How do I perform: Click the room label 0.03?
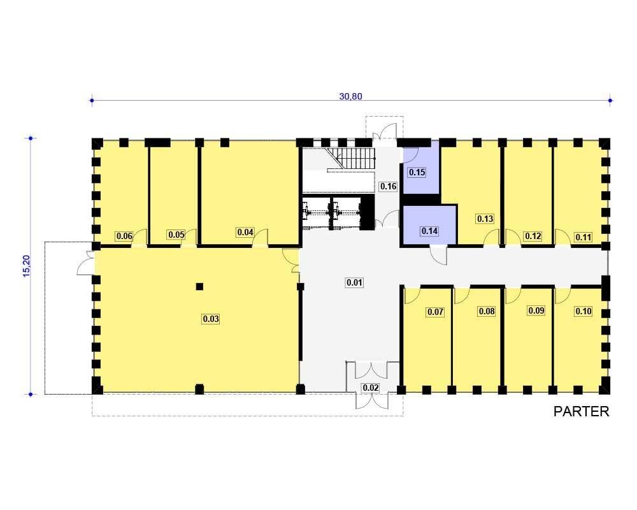(x=211, y=319)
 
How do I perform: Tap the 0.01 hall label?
(x=354, y=282)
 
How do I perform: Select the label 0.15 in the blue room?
(x=417, y=172)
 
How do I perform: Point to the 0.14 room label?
(x=429, y=231)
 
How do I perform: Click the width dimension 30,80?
(x=350, y=96)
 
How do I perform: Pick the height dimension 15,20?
(x=27, y=266)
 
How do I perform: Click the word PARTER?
(x=582, y=412)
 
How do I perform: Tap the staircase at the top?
(x=352, y=158)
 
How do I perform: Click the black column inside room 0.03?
(x=199, y=286)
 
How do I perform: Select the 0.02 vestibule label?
(x=371, y=388)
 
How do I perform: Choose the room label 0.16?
(x=388, y=186)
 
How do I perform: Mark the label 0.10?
(x=583, y=311)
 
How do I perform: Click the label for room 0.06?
(x=124, y=236)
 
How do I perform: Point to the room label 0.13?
(x=485, y=219)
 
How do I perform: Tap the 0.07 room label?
(x=435, y=312)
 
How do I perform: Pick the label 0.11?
(x=583, y=237)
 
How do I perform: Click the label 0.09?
(x=536, y=310)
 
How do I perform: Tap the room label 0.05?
(x=176, y=235)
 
